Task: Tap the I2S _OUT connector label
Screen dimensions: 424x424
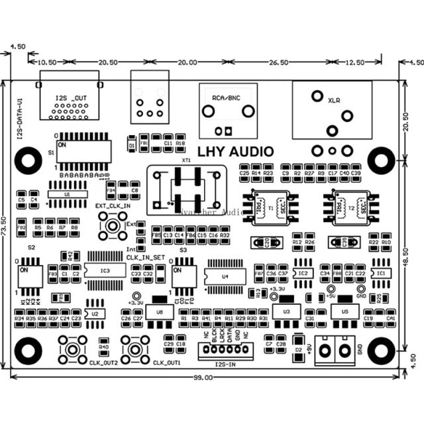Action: pyautogui.click(x=68, y=97)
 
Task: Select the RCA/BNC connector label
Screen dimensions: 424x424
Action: pyautogui.click(x=226, y=97)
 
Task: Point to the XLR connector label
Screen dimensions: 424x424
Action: pyautogui.click(x=334, y=101)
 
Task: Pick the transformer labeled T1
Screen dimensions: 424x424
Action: pyautogui.click(x=270, y=207)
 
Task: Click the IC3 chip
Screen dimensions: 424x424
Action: pyautogui.click(x=105, y=270)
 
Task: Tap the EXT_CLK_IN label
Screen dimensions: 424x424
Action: pyautogui.click(x=113, y=207)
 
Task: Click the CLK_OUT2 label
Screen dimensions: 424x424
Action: pyautogui.click(x=103, y=363)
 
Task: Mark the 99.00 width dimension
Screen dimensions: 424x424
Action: pyautogui.click(x=203, y=377)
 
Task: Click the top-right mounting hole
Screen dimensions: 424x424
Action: pyautogui.click(x=380, y=160)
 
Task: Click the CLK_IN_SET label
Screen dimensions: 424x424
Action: pyautogui.click(x=145, y=256)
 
